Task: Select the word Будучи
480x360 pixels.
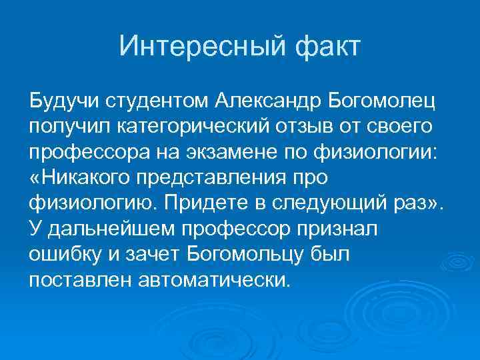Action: [x=61, y=102]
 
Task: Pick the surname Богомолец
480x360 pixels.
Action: [x=382, y=102]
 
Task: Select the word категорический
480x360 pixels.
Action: [x=193, y=127]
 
